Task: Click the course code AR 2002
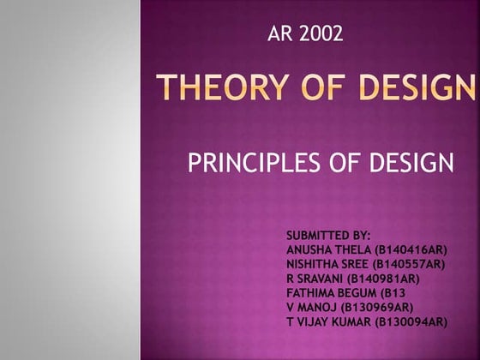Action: coord(305,34)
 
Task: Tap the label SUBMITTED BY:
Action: coord(328,234)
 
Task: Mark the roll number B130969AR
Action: coord(378,307)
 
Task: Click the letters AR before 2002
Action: coord(279,34)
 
